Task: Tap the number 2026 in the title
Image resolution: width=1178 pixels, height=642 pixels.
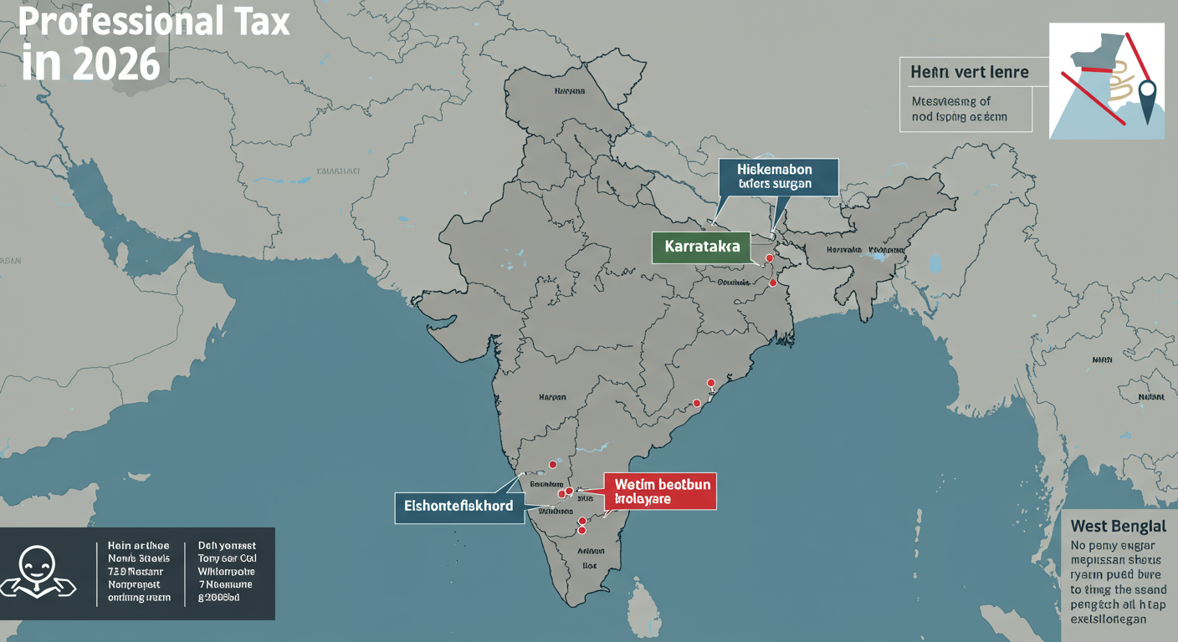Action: [112, 64]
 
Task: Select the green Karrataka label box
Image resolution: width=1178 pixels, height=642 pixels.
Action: [701, 247]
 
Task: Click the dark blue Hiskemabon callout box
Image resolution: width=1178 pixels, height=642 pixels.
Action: [777, 177]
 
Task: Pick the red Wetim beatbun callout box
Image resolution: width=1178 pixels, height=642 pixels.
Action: [660, 492]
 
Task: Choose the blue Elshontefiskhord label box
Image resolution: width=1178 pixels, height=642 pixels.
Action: [458, 507]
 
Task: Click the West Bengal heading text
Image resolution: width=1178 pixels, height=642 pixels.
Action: [1118, 527]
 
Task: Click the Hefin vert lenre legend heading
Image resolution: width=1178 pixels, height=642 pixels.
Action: [969, 72]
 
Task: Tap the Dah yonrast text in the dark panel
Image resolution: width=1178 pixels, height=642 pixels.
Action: [226, 545]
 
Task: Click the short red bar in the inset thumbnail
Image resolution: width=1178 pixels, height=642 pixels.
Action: [1096, 69]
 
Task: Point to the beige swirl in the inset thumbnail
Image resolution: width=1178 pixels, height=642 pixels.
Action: [1121, 87]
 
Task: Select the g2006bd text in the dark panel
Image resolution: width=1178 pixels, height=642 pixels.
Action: [219, 598]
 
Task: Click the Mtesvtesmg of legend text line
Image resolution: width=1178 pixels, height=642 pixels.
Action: [950, 101]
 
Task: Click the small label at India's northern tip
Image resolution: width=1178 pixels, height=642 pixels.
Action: [568, 89]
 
